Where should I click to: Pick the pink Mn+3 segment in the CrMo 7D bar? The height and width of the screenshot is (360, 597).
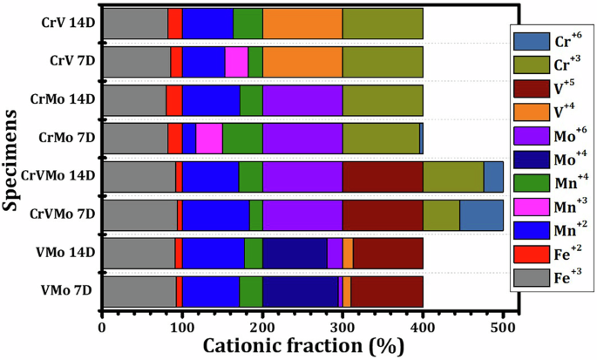click(x=209, y=138)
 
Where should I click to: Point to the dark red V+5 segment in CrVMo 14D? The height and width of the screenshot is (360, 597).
click(x=383, y=176)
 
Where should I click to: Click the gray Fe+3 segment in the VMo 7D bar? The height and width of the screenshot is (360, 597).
click(x=139, y=290)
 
